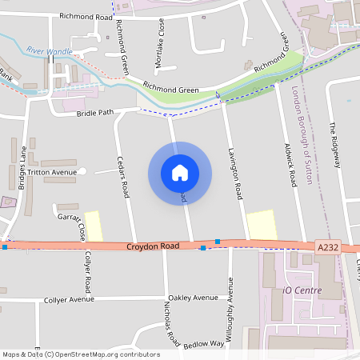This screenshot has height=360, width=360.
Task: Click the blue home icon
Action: pyautogui.click(x=180, y=172)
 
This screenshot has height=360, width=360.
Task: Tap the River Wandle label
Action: pyautogui.click(x=49, y=51)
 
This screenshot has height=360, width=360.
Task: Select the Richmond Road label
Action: pyautogui.click(x=86, y=16)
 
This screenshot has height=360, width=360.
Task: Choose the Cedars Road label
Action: pyautogui.click(x=124, y=176)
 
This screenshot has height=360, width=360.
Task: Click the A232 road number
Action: pyautogui.click(x=327, y=248)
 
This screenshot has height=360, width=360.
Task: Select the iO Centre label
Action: pyautogui.click(x=298, y=289)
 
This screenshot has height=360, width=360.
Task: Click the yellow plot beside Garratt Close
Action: pyautogui.click(x=94, y=226)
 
